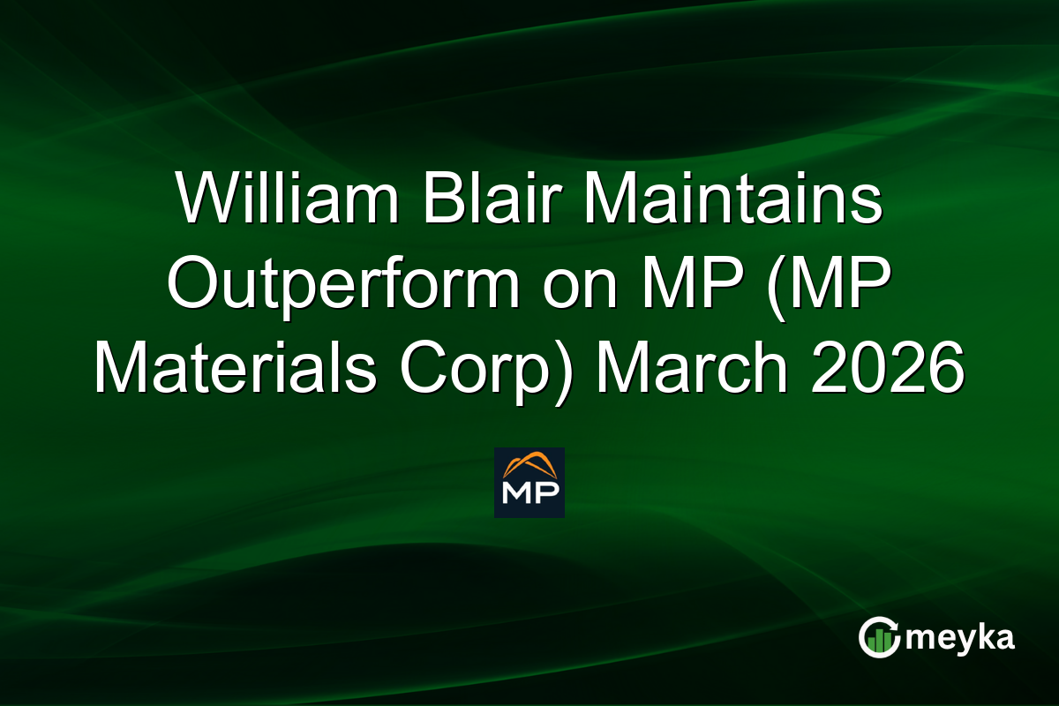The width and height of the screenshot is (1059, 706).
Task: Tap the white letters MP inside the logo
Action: [529, 492]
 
